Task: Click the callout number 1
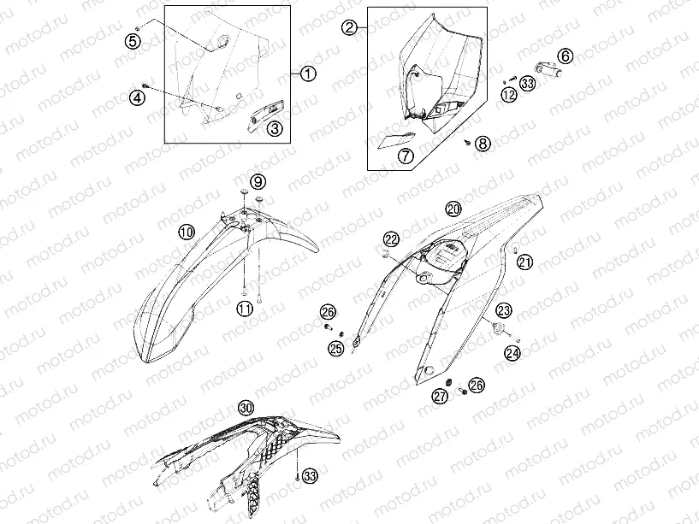(308, 74)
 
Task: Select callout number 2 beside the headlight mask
(349, 27)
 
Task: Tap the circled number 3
(275, 129)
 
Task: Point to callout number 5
(133, 41)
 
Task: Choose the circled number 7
(406, 156)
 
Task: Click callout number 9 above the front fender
(258, 182)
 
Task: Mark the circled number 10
(187, 232)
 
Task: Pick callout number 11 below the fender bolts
(245, 309)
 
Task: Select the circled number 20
(453, 209)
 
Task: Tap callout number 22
(391, 239)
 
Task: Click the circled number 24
(512, 353)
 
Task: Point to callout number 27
(441, 397)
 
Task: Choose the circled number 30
(246, 407)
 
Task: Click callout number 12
(509, 95)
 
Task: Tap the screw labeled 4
(145, 85)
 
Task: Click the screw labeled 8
(468, 142)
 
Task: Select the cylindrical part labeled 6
(547, 70)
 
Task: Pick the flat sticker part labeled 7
(396, 140)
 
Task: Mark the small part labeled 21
(514, 249)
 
